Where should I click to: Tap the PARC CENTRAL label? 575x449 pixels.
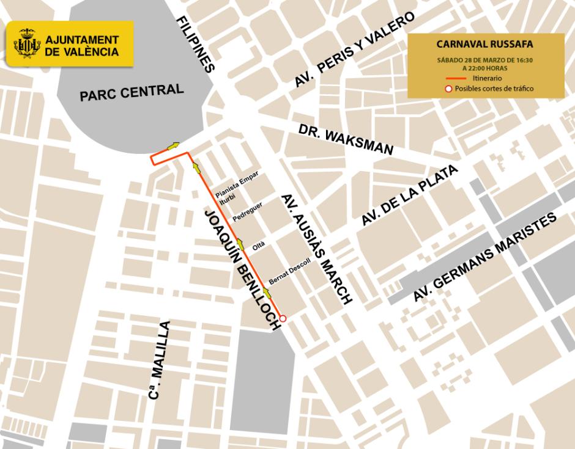[132, 93]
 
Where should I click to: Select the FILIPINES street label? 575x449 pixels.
[196, 44]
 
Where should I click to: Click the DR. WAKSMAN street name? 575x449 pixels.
[346, 140]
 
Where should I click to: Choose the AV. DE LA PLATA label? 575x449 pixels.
[409, 195]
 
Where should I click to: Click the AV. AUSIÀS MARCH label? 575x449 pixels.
[316, 249]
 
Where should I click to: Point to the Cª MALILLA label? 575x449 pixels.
[160, 360]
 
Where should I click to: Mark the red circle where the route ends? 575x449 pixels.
[283, 318]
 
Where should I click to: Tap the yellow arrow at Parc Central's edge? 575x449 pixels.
[174, 146]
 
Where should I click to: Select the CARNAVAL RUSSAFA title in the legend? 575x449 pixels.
[484, 45]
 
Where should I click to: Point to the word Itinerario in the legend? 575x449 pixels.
[488, 79]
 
